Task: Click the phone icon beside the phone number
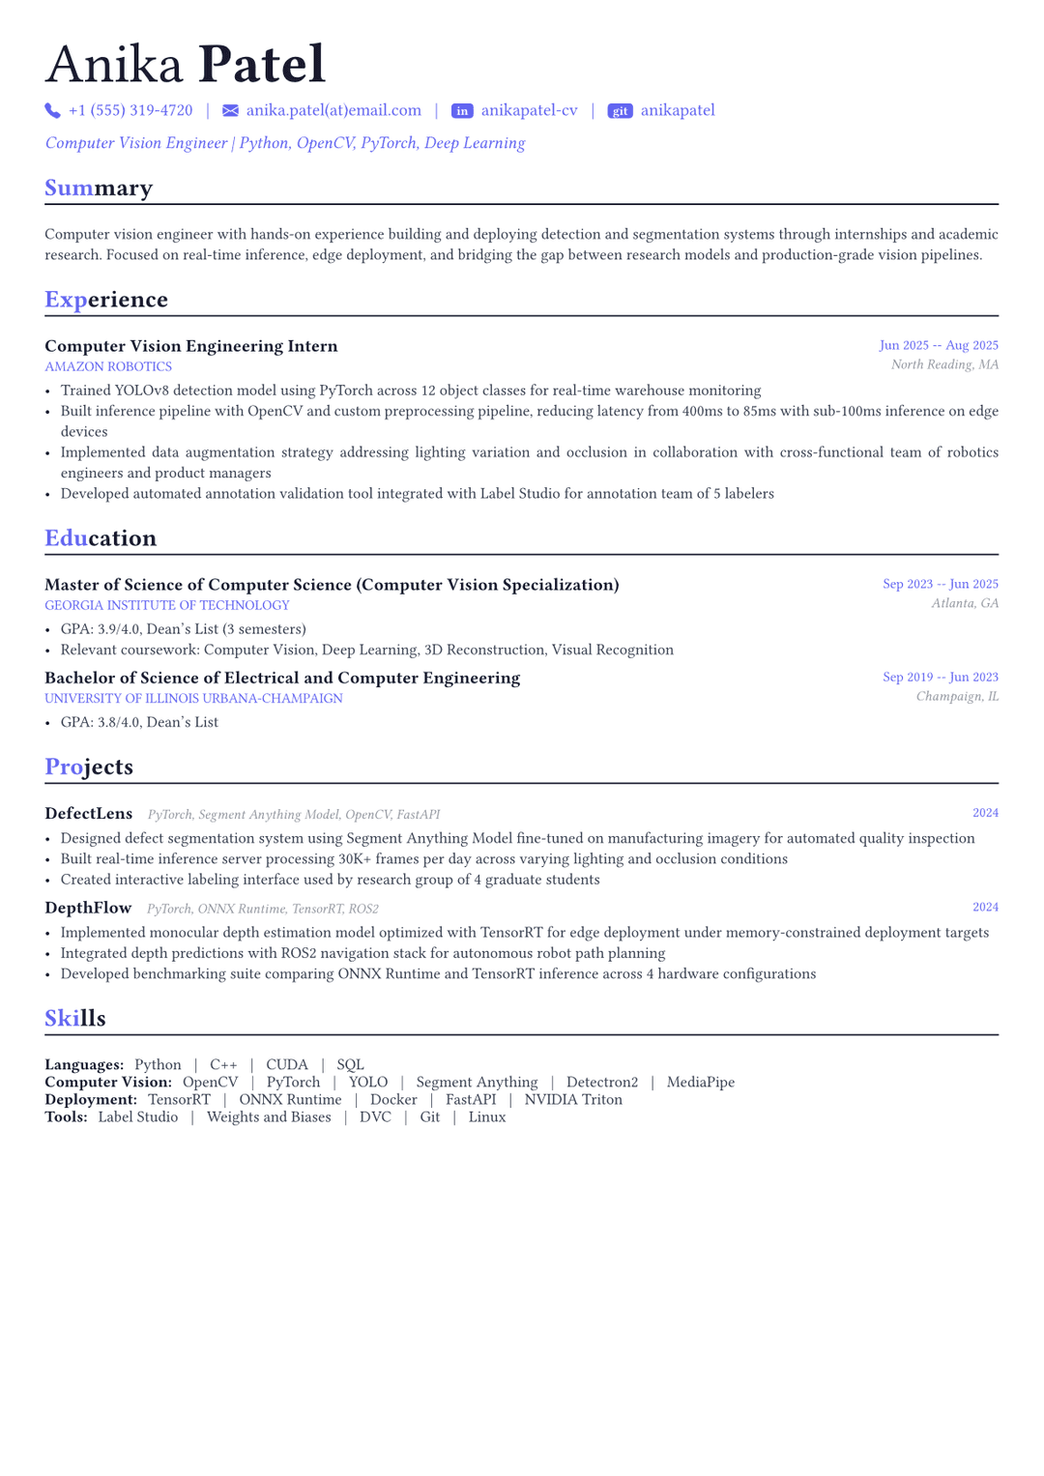(52, 111)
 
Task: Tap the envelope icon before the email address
(230, 111)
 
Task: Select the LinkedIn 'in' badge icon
(462, 111)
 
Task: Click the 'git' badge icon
(620, 111)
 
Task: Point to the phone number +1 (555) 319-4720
(130, 110)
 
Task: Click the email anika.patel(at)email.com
(333, 110)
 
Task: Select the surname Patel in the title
(262, 65)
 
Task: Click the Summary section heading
(99, 188)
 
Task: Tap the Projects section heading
(89, 767)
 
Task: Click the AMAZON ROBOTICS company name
(108, 366)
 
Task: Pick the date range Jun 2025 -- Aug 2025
(939, 345)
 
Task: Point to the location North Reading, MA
(944, 364)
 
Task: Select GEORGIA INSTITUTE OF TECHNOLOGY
(167, 605)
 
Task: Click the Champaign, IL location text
(957, 696)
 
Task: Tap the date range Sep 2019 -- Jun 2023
(941, 677)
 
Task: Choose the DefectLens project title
(89, 814)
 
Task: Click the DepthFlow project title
(88, 908)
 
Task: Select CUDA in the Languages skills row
(287, 1064)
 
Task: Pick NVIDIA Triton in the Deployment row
(573, 1099)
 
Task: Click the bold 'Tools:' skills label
(66, 1116)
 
